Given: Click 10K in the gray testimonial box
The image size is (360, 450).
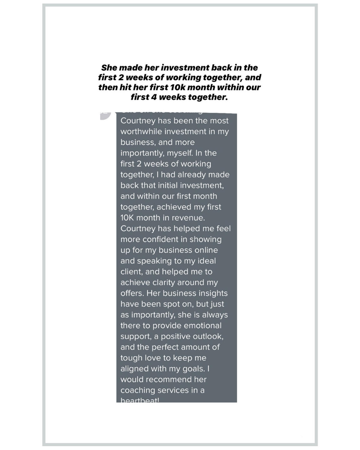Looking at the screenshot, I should [x=127, y=218].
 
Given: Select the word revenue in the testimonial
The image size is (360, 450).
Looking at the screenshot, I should [x=190, y=218].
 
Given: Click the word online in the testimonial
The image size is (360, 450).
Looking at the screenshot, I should [x=206, y=250].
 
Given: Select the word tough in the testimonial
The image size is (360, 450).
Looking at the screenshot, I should [x=131, y=358].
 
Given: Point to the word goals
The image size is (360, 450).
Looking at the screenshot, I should [x=194, y=369].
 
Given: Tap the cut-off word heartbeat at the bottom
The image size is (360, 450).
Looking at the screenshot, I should [x=140, y=400].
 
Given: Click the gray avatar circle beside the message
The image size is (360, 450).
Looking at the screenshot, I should [x=106, y=115].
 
